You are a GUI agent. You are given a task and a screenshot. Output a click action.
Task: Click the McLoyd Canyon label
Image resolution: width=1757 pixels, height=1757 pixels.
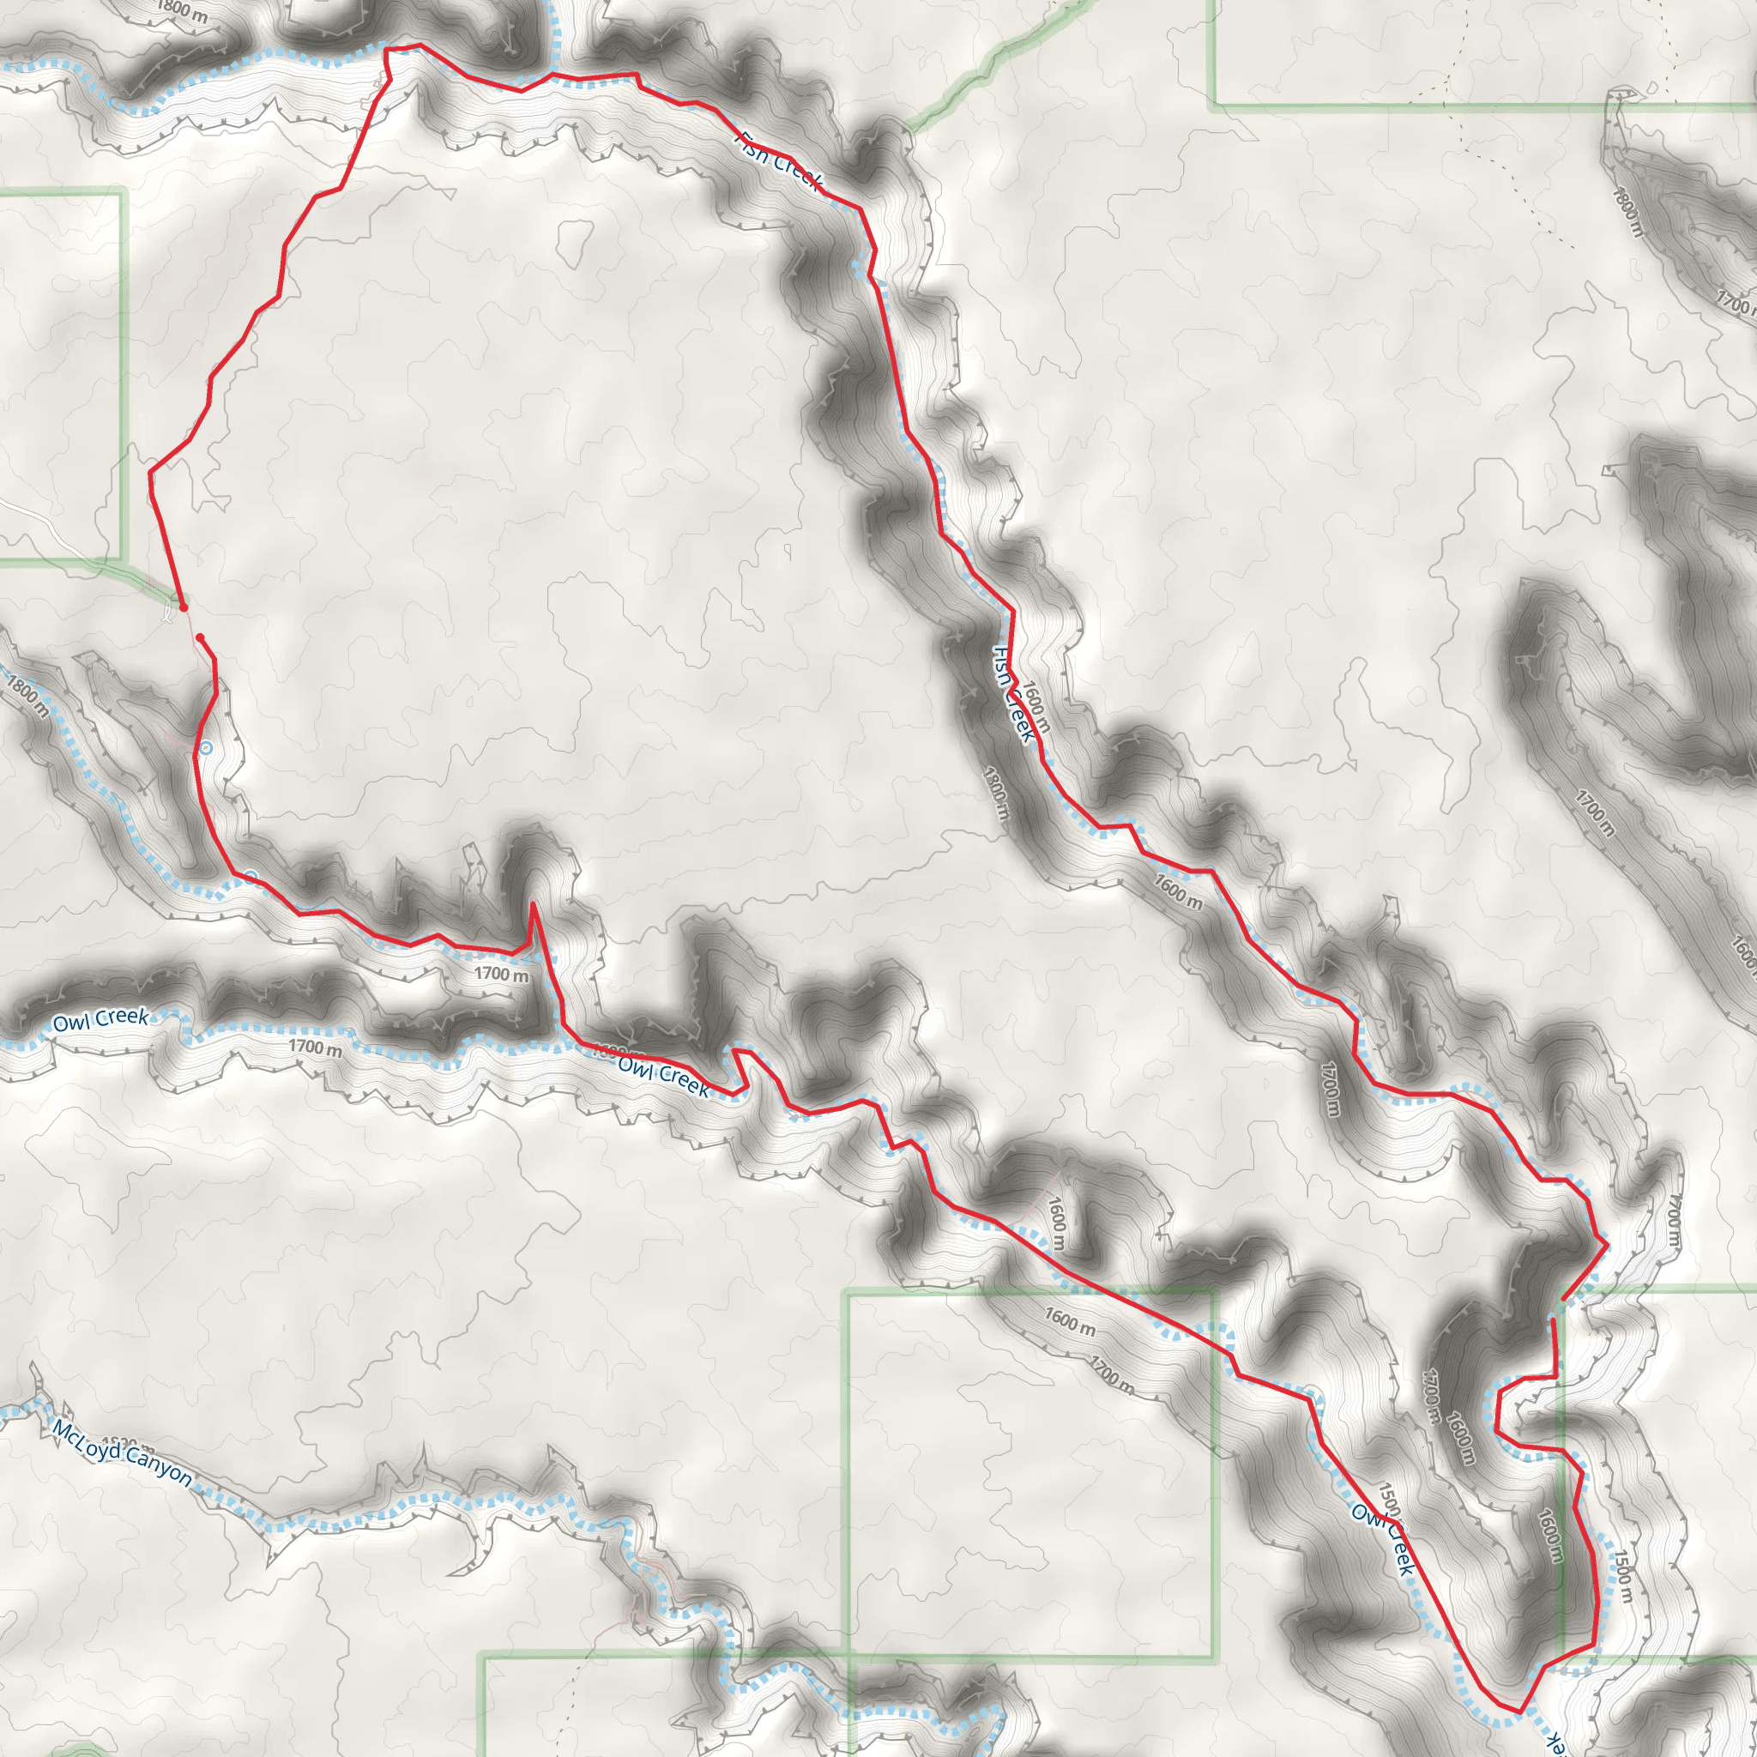(122, 1454)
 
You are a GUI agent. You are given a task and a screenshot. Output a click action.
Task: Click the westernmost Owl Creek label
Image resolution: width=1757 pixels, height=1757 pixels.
(100, 1018)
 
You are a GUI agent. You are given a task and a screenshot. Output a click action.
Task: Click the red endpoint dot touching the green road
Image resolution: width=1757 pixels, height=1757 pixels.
(183, 607)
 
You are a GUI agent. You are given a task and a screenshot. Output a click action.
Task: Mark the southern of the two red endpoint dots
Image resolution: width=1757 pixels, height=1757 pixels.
(200, 638)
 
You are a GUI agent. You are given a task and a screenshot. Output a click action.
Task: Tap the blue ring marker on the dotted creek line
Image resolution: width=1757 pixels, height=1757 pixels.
(252, 876)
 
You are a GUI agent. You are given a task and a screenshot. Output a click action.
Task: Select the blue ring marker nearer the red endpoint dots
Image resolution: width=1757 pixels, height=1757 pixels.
(207, 748)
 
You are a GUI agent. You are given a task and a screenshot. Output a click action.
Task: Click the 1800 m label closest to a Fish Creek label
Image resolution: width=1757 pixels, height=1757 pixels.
(997, 792)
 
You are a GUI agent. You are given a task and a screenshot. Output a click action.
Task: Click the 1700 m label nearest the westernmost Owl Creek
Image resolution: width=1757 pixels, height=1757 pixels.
(316, 1047)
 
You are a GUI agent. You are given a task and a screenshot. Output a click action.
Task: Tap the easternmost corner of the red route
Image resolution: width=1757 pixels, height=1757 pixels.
(1608, 1241)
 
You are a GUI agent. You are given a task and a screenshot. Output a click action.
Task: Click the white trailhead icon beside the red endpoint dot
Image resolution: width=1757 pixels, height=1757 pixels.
(166, 615)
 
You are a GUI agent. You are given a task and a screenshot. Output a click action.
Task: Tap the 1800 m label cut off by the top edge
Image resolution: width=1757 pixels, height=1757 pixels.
(182, 11)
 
